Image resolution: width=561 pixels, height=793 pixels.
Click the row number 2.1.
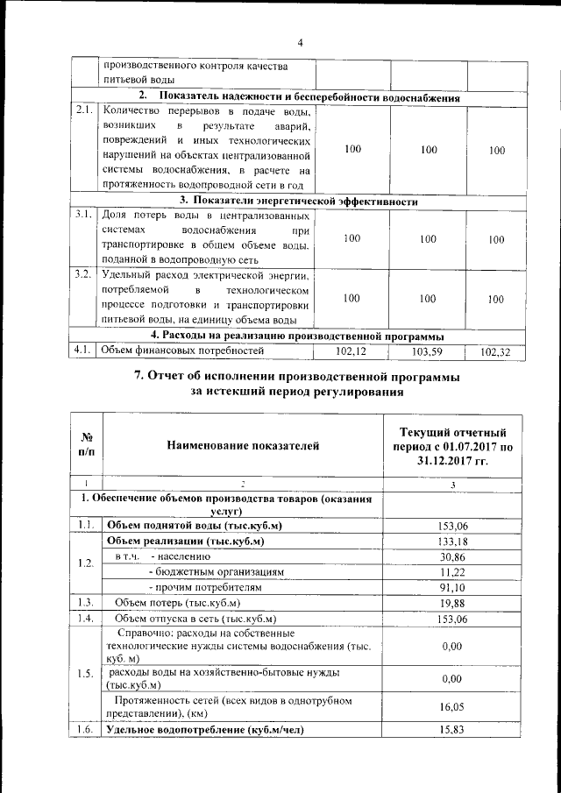click(84, 110)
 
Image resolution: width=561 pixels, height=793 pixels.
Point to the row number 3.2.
click(84, 274)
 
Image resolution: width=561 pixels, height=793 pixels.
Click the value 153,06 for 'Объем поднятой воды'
click(451, 525)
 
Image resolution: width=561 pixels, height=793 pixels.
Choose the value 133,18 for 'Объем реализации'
click(451, 542)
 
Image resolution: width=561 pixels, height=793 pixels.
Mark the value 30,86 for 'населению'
click(451, 556)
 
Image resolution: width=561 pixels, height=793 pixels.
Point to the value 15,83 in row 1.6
click(451, 729)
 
